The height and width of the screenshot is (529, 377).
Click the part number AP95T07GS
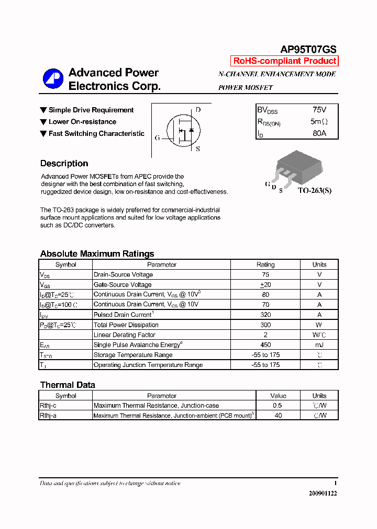click(x=308, y=49)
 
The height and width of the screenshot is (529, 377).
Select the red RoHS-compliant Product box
click(x=285, y=61)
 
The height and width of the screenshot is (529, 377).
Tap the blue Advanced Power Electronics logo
click(x=53, y=79)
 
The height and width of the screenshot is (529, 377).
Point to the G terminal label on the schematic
click(x=157, y=138)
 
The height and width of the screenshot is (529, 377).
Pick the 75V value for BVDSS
click(x=319, y=110)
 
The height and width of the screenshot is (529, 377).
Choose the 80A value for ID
click(x=319, y=133)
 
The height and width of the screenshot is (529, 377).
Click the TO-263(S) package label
click(x=315, y=191)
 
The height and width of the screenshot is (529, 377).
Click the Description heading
click(x=64, y=164)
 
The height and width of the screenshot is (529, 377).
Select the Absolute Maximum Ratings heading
click(x=97, y=254)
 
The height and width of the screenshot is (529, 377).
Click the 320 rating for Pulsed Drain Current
click(x=265, y=315)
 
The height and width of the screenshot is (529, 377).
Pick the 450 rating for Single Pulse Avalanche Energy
click(x=265, y=345)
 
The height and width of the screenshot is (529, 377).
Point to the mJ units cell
click(x=319, y=345)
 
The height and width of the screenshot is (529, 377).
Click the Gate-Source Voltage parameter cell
click(x=123, y=285)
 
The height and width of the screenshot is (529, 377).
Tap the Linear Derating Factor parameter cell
click(x=125, y=335)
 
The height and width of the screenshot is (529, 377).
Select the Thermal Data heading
click(x=68, y=385)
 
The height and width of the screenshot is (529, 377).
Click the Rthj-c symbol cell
click(x=48, y=406)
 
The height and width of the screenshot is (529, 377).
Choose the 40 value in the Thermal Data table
click(x=278, y=416)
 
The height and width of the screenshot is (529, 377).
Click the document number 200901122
click(x=323, y=493)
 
